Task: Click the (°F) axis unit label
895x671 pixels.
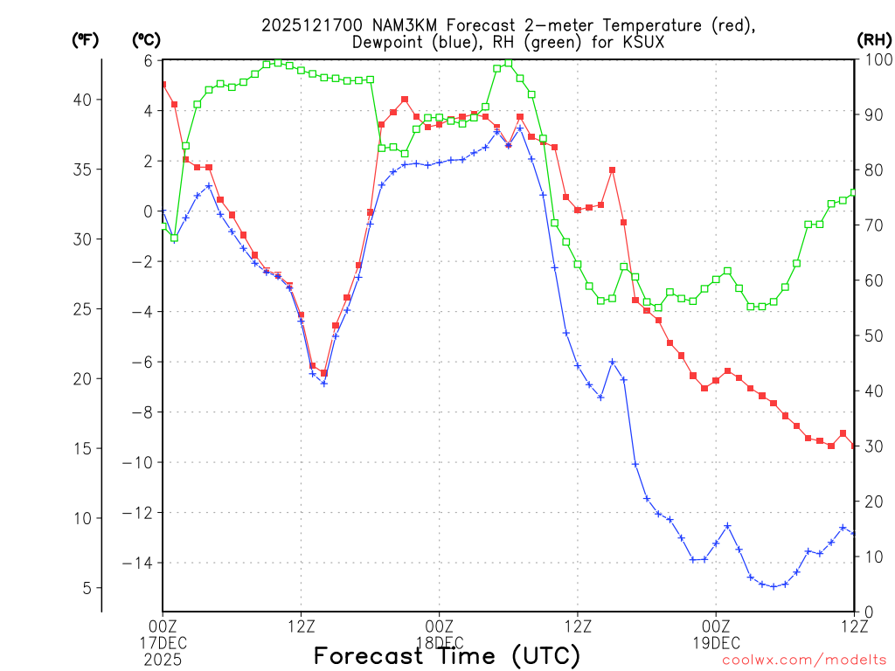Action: [86, 39]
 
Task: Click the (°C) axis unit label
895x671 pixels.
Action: [145, 39]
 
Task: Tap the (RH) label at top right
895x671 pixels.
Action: [874, 39]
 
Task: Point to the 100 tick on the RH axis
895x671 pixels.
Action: [875, 60]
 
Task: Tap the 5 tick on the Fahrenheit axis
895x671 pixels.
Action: [87, 588]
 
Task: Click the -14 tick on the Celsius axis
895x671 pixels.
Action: [140, 564]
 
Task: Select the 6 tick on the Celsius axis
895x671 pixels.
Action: [149, 60]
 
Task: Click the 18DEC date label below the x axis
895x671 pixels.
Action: [439, 642]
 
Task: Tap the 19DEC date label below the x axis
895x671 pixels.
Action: [716, 642]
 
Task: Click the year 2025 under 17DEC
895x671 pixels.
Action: [163, 657]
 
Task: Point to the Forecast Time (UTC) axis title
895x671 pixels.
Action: [447, 655]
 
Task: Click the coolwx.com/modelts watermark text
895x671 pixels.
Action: [804, 660]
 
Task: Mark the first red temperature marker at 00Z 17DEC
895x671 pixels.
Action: [163, 85]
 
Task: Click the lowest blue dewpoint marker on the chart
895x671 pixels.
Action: [774, 586]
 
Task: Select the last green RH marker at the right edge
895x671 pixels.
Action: [854, 192]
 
